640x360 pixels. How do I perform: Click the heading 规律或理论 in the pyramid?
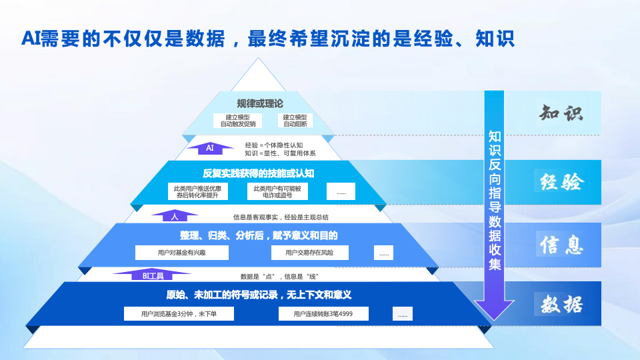click(260, 103)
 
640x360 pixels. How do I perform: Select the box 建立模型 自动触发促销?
click(238, 121)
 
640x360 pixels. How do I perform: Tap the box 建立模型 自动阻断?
click(295, 121)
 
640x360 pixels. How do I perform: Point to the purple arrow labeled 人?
click(175, 216)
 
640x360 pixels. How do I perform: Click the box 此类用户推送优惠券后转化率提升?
click(198, 192)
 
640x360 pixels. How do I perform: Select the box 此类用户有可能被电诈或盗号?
click(278, 192)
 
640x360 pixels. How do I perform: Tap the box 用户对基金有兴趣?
click(182, 253)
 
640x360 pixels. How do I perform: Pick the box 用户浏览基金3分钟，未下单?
click(179, 313)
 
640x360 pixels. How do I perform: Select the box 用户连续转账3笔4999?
click(323, 313)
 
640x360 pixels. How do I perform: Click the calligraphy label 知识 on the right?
click(561, 113)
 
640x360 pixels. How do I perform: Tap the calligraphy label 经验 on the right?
click(561, 181)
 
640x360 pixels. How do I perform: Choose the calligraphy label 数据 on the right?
click(561, 304)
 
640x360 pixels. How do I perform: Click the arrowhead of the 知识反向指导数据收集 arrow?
click(494, 308)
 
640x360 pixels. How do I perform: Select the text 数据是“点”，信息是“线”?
click(283, 276)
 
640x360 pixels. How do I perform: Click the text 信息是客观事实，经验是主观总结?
click(280, 217)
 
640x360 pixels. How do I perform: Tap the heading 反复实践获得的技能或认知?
click(259, 173)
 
